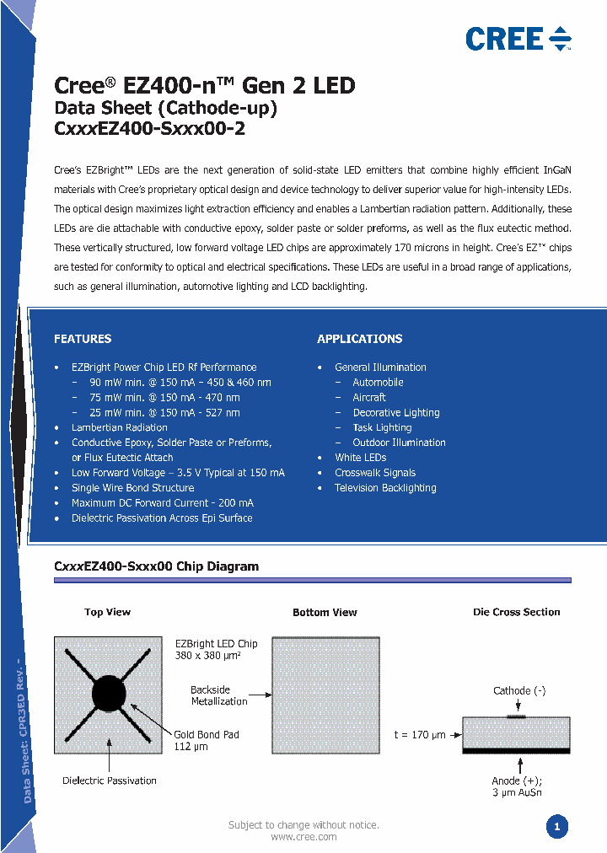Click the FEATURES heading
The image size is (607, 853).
pos(83,339)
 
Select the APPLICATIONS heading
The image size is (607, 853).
pos(359,339)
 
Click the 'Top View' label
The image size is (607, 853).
pos(107,612)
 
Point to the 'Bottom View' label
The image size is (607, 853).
pos(325,612)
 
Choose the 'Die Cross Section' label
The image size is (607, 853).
pos(516,612)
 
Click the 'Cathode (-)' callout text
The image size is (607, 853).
pos(519,690)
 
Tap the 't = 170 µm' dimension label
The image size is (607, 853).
pos(421,734)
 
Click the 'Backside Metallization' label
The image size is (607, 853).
pos(218,695)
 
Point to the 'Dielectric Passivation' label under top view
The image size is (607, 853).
pos(110,781)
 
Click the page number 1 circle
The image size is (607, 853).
pos(556,827)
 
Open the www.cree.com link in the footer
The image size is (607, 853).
pos(303,837)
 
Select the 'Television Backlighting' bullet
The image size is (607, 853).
pos(385,488)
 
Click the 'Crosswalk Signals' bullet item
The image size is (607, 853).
pos(374,473)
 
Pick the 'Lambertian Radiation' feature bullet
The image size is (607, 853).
pos(119,427)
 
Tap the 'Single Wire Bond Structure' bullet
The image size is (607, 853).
pos(132,488)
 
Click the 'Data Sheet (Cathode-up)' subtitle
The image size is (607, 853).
pos(165,108)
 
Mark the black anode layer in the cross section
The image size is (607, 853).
pos(516,749)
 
